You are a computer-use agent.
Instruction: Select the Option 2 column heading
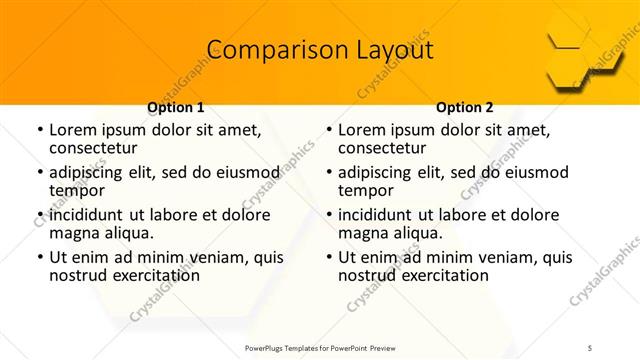click(x=465, y=107)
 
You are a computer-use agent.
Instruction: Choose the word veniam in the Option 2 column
click(x=488, y=257)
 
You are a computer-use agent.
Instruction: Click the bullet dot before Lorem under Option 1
click(x=39, y=130)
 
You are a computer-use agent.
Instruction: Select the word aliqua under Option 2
click(x=419, y=233)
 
